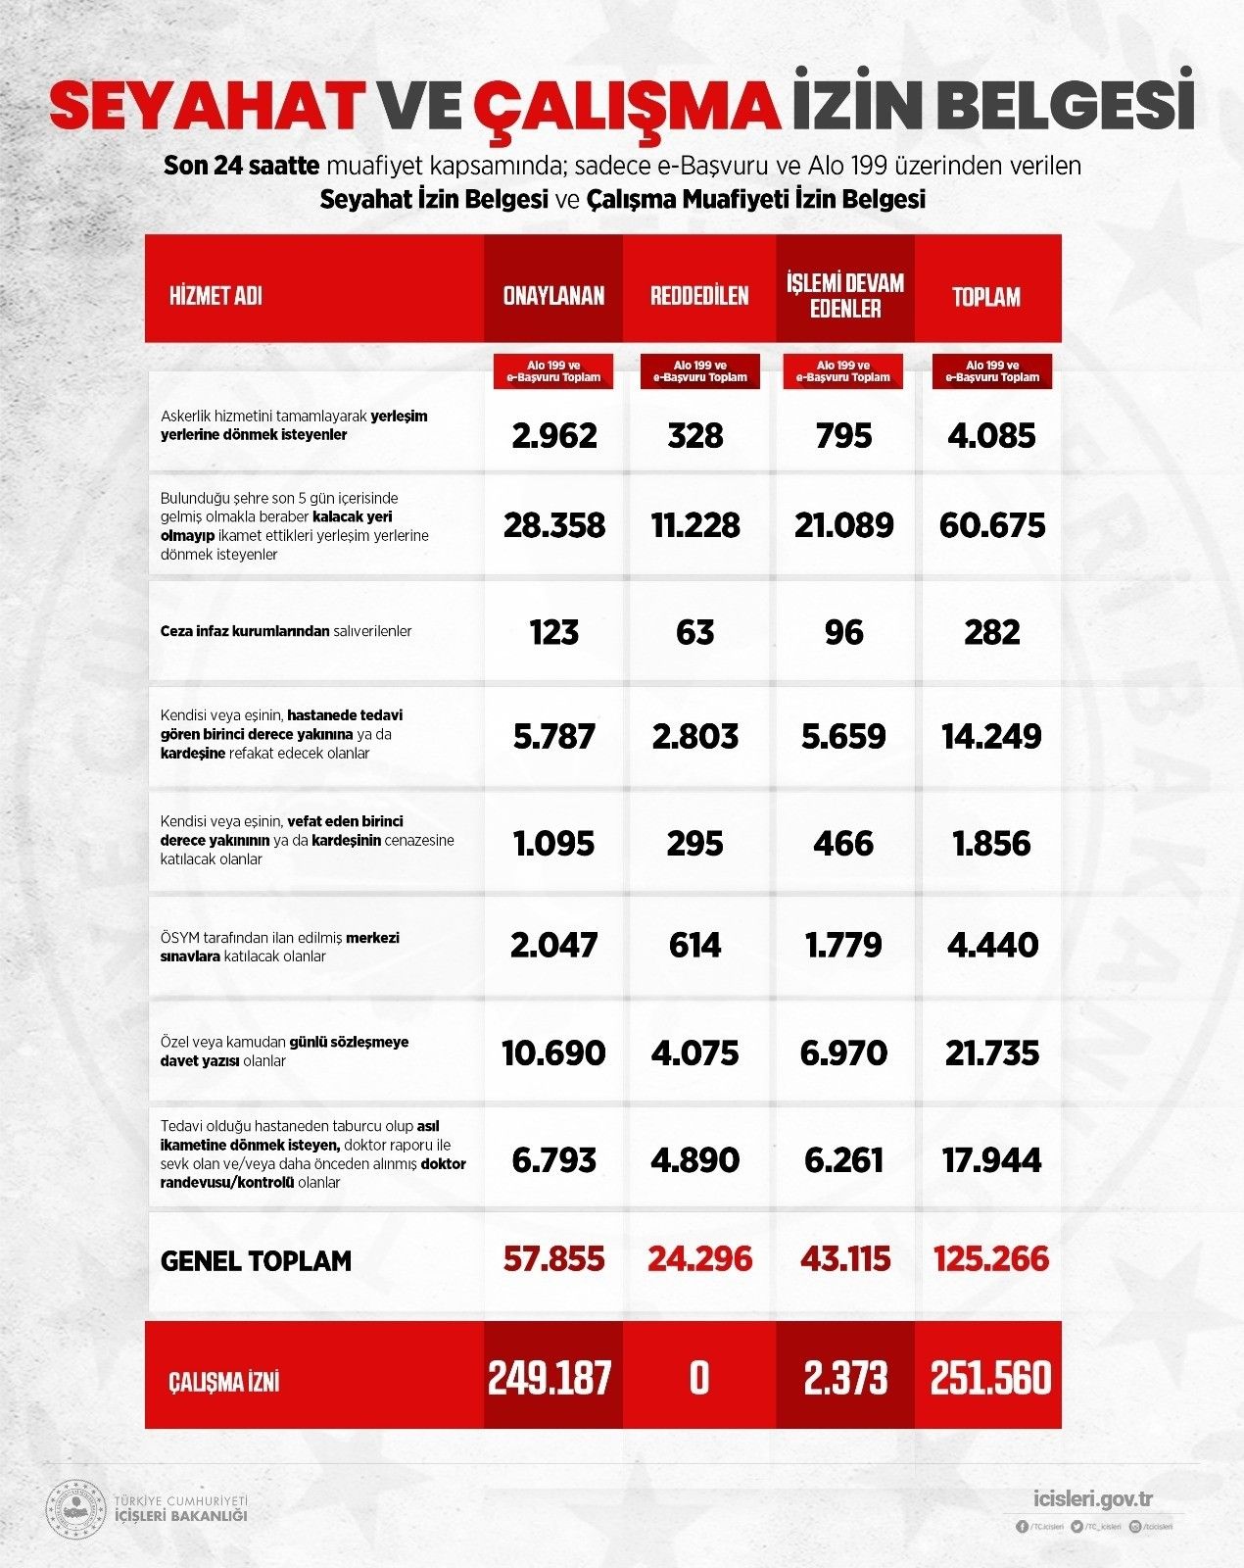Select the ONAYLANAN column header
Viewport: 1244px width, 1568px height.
click(x=553, y=296)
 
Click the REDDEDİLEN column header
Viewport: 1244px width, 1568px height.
click(x=698, y=296)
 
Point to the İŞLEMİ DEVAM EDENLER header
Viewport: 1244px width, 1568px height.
click(x=844, y=296)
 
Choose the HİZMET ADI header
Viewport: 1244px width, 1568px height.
click(x=215, y=296)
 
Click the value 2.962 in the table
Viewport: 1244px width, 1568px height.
click(x=553, y=435)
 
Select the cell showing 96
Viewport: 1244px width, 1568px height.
click(x=843, y=632)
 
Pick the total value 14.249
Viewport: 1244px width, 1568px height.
click(x=991, y=737)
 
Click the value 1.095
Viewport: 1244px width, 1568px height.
click(x=553, y=844)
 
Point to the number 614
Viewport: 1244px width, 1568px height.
click(x=695, y=946)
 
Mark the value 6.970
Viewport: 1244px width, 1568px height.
click(x=843, y=1053)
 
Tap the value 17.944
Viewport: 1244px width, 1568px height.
click(x=991, y=1160)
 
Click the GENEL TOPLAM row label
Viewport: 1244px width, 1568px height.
click(x=256, y=1261)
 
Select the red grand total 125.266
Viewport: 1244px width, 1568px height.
click(x=991, y=1259)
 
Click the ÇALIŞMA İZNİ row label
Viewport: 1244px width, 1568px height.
click(x=224, y=1382)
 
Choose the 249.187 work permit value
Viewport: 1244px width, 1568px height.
click(x=550, y=1378)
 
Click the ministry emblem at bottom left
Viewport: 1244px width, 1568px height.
click(x=76, y=1509)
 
